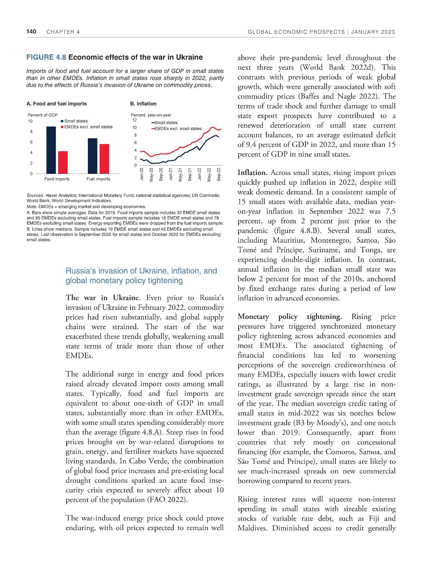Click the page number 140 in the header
pos(31,32)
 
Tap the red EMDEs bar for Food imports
pos(63,162)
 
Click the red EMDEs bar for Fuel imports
pos(104,159)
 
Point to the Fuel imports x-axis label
pos(98,179)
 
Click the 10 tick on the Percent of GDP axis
pos(30,121)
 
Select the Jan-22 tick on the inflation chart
pos(199,174)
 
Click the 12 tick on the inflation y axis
pos(135,120)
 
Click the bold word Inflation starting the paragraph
pos(252,173)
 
